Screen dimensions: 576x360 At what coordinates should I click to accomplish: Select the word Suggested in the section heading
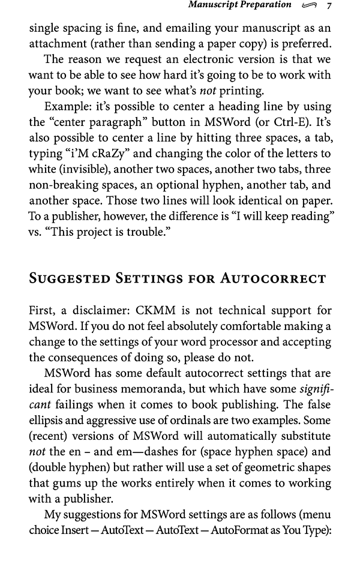74,278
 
